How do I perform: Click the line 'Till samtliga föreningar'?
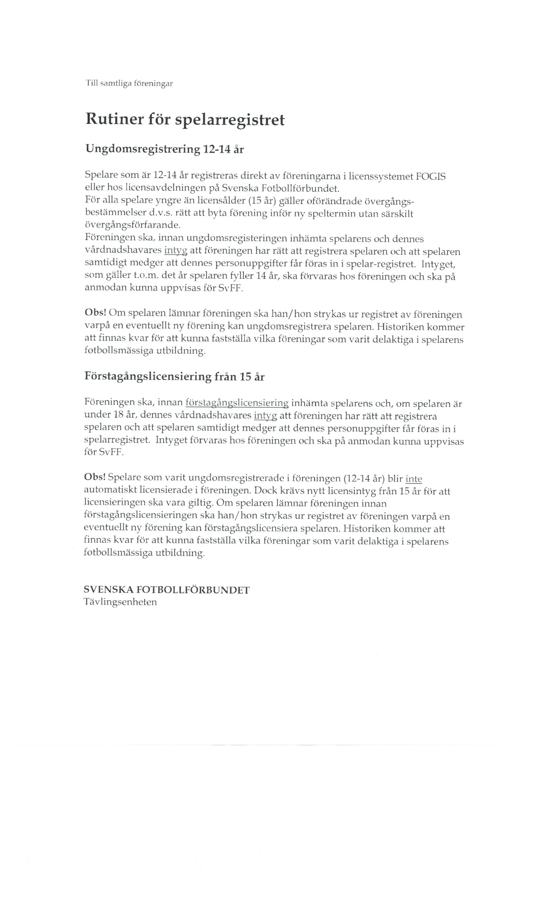129,84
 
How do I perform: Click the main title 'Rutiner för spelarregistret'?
185,120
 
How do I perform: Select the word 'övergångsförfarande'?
132,226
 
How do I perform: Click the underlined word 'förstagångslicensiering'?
237,403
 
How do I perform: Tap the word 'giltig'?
199,504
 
